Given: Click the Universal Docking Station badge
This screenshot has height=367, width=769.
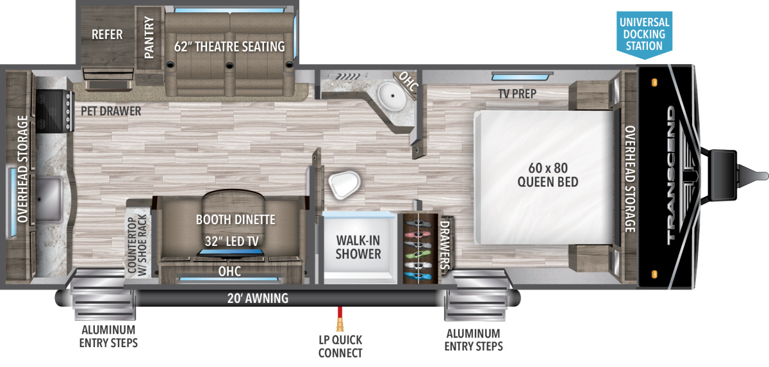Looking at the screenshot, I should click(x=644, y=32).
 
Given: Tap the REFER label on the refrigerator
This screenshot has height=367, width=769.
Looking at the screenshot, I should click(x=107, y=35).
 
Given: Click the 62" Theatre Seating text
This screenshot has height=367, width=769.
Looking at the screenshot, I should click(x=229, y=46).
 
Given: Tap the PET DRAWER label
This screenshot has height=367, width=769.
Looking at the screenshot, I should click(x=111, y=111).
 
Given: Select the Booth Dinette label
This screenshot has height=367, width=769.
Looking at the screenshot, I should click(x=236, y=220).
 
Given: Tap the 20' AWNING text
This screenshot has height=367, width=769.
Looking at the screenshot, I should click(x=258, y=298).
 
